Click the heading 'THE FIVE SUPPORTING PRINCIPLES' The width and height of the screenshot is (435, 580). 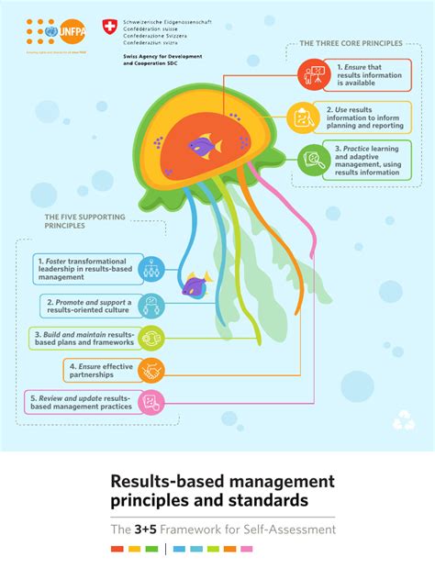(x=71, y=220)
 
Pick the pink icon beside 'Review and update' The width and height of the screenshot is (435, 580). (x=151, y=402)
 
